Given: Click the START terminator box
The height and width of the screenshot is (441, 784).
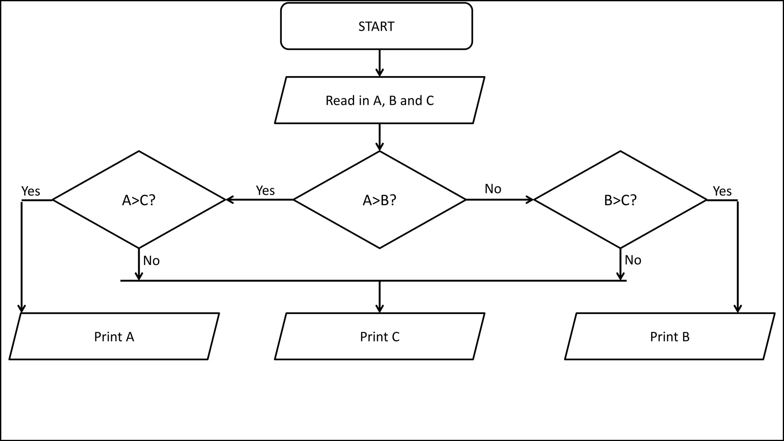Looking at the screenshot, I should pyautogui.click(x=376, y=26).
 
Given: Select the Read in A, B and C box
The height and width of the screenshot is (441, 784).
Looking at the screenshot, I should pyautogui.click(x=379, y=100).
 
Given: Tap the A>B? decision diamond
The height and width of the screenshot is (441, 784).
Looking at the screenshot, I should pyautogui.click(x=379, y=200).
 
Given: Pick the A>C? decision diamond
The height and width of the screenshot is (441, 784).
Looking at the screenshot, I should pyautogui.click(x=139, y=200).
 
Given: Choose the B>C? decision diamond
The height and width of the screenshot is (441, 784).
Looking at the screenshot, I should pyautogui.click(x=620, y=200).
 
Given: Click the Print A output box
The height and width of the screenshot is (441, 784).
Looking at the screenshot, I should pyautogui.click(x=114, y=336).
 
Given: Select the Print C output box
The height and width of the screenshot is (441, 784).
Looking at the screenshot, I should pyautogui.click(x=379, y=336).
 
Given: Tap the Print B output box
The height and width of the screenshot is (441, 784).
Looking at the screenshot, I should pyautogui.click(x=670, y=336).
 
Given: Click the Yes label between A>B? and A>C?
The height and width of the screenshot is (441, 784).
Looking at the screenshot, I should pyautogui.click(x=265, y=190).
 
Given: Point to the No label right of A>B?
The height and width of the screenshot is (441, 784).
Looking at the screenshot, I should pyautogui.click(x=493, y=189).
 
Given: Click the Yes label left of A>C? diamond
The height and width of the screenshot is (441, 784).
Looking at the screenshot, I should pyautogui.click(x=31, y=191).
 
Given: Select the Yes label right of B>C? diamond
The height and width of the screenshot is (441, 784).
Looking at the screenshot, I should pyautogui.click(x=722, y=191).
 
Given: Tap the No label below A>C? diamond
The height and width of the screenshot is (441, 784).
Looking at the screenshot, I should pyautogui.click(x=151, y=261).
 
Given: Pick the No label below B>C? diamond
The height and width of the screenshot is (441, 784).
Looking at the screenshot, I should pyautogui.click(x=633, y=260).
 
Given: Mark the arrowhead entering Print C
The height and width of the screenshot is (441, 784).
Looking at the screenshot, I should pyautogui.click(x=379, y=309).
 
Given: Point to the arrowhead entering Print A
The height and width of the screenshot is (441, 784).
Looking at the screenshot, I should pyautogui.click(x=22, y=309).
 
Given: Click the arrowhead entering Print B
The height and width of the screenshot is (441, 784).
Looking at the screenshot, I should pyautogui.click(x=738, y=309).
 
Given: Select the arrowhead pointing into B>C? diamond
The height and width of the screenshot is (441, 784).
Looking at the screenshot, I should pyautogui.click(x=530, y=199).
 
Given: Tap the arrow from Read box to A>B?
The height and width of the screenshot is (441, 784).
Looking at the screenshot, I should pyautogui.click(x=379, y=137).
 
